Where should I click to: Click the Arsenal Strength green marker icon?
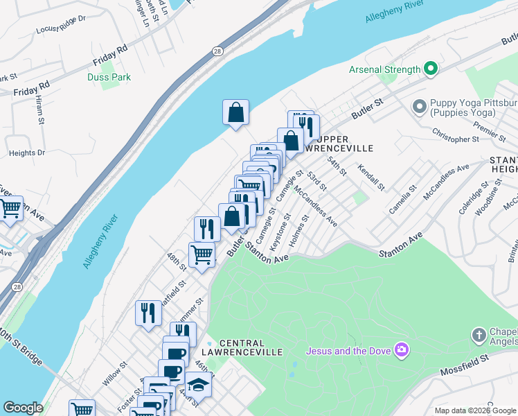point(431,69)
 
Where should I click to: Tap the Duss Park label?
point(110,78)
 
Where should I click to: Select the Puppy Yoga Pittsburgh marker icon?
point(418,107)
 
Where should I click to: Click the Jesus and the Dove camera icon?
point(401,349)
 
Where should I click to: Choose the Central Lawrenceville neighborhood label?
point(251,347)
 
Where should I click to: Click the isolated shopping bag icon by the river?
point(235,112)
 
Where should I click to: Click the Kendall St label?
point(371,177)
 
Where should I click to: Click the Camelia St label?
point(402,199)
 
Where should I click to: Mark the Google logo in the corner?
point(23,408)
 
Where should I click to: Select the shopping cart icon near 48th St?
point(202,254)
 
